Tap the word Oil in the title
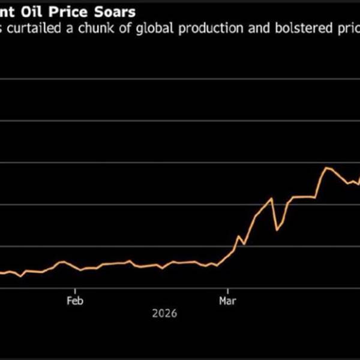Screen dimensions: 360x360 (x=35, y=11)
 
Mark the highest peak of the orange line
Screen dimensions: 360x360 (x=326, y=168)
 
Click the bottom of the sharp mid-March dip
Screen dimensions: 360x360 (x=277, y=230)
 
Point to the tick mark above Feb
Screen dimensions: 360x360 (x=74, y=290)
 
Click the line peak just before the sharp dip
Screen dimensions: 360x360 (x=272, y=198)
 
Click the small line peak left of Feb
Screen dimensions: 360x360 (x=62, y=262)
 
